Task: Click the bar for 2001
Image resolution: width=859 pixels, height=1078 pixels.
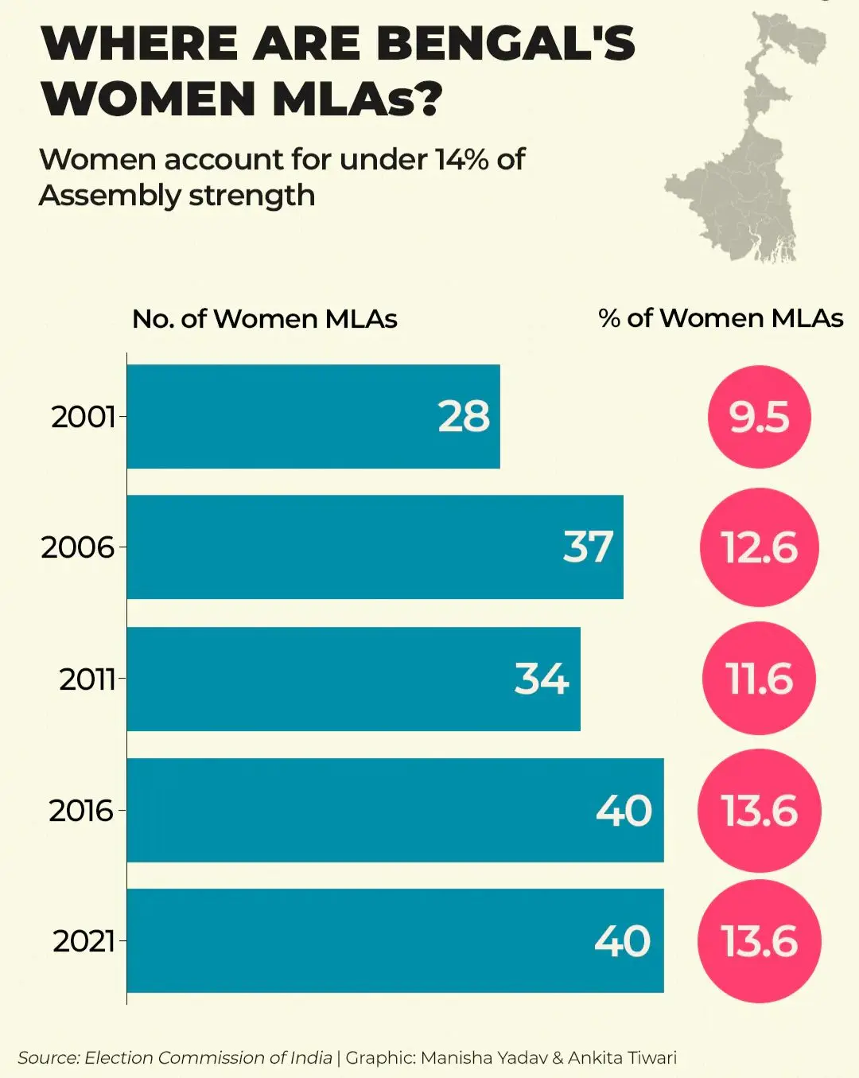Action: point(313,416)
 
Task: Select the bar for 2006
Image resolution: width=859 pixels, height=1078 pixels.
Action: point(375,547)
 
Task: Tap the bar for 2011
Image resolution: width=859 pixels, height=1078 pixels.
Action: point(353,679)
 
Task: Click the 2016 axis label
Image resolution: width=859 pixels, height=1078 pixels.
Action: point(81,811)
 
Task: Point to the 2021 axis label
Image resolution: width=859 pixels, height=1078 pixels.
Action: point(84,941)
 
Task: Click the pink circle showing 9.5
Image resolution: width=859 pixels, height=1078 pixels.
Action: point(759,417)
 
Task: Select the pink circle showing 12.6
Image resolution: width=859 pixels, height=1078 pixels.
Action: point(759,547)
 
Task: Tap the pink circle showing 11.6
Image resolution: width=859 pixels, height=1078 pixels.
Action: point(759,679)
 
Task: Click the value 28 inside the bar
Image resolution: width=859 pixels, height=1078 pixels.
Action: point(464,416)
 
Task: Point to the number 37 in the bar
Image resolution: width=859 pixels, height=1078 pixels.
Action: point(588,547)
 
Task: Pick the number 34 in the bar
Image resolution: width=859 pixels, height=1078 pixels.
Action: point(541,679)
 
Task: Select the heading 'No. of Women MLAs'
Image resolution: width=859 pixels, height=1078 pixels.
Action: point(264,319)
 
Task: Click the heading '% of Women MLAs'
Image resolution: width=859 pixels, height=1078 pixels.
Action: point(721,318)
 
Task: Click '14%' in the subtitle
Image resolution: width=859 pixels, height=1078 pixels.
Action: point(461,160)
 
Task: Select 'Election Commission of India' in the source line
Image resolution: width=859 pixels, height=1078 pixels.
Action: point(208,1058)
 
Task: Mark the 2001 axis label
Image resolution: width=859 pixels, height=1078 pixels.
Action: point(83,417)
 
